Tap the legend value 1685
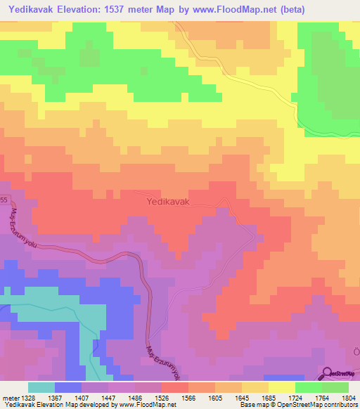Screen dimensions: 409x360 pyautogui.click(x=269, y=397)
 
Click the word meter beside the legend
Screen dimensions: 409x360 pyautogui.click(x=9, y=397)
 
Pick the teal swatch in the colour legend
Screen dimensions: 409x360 pyautogui.click(x=41, y=387)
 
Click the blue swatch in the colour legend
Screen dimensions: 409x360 pyautogui.click(x=68, y=387)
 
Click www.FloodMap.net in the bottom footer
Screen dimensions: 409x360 pyautogui.click(x=148, y=405)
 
